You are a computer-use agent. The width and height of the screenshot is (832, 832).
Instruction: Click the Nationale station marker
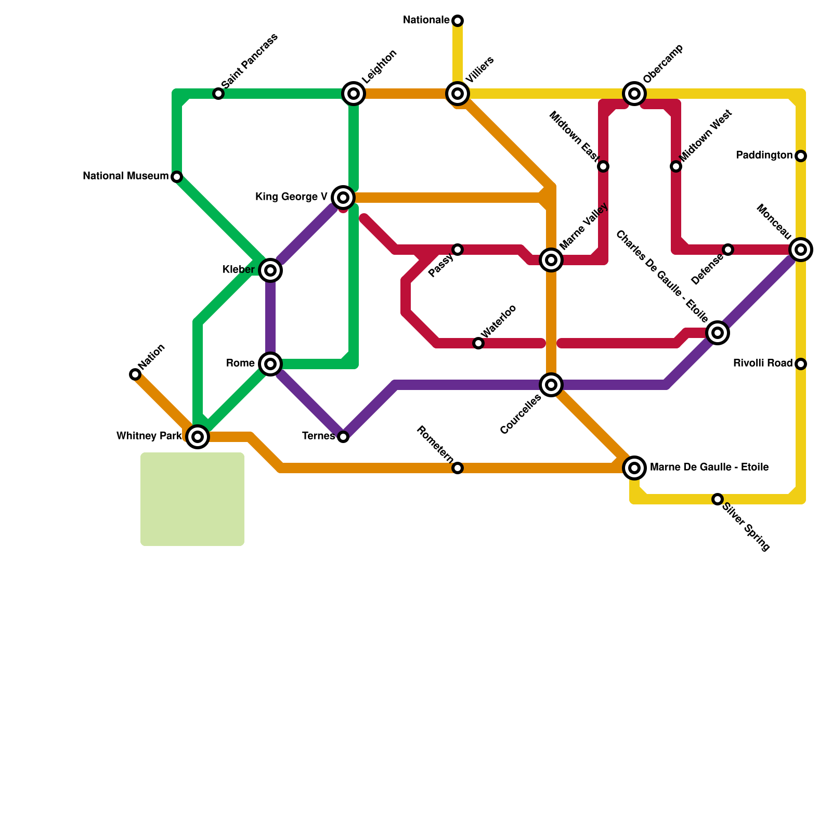coord(458,21)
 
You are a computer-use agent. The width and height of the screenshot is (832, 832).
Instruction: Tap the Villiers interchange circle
coord(458,94)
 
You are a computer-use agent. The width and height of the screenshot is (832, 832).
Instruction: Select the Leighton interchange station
coord(354,94)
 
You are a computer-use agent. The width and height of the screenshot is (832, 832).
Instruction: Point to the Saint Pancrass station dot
coord(218,94)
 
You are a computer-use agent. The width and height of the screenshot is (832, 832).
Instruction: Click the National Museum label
coord(125,176)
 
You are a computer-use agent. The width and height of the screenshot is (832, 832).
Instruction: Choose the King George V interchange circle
coord(343,198)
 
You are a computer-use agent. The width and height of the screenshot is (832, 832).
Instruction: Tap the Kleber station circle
coord(270,270)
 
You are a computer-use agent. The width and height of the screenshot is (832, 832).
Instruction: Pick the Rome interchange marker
coord(270,363)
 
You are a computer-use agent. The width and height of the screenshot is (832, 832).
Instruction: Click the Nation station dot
coord(135,374)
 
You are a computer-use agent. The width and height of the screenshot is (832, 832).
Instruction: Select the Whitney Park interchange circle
coord(198,437)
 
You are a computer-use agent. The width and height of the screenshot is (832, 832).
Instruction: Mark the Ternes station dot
coord(343,437)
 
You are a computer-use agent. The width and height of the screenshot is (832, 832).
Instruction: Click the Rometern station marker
coord(458,468)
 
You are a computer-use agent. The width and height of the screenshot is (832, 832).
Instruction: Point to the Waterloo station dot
coord(478,343)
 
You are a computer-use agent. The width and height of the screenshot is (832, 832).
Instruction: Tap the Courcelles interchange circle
coord(551,385)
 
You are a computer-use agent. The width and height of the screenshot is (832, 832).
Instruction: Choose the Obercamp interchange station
coord(634,94)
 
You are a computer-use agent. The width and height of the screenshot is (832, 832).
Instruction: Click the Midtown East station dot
coord(603,166)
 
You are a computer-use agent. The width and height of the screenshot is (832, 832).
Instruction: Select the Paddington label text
coord(764,155)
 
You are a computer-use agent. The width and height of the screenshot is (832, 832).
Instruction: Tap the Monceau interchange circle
coord(801,250)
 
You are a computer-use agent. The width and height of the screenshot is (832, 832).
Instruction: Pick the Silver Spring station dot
coord(718,499)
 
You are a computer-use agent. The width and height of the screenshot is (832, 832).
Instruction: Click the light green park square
coord(192,499)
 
